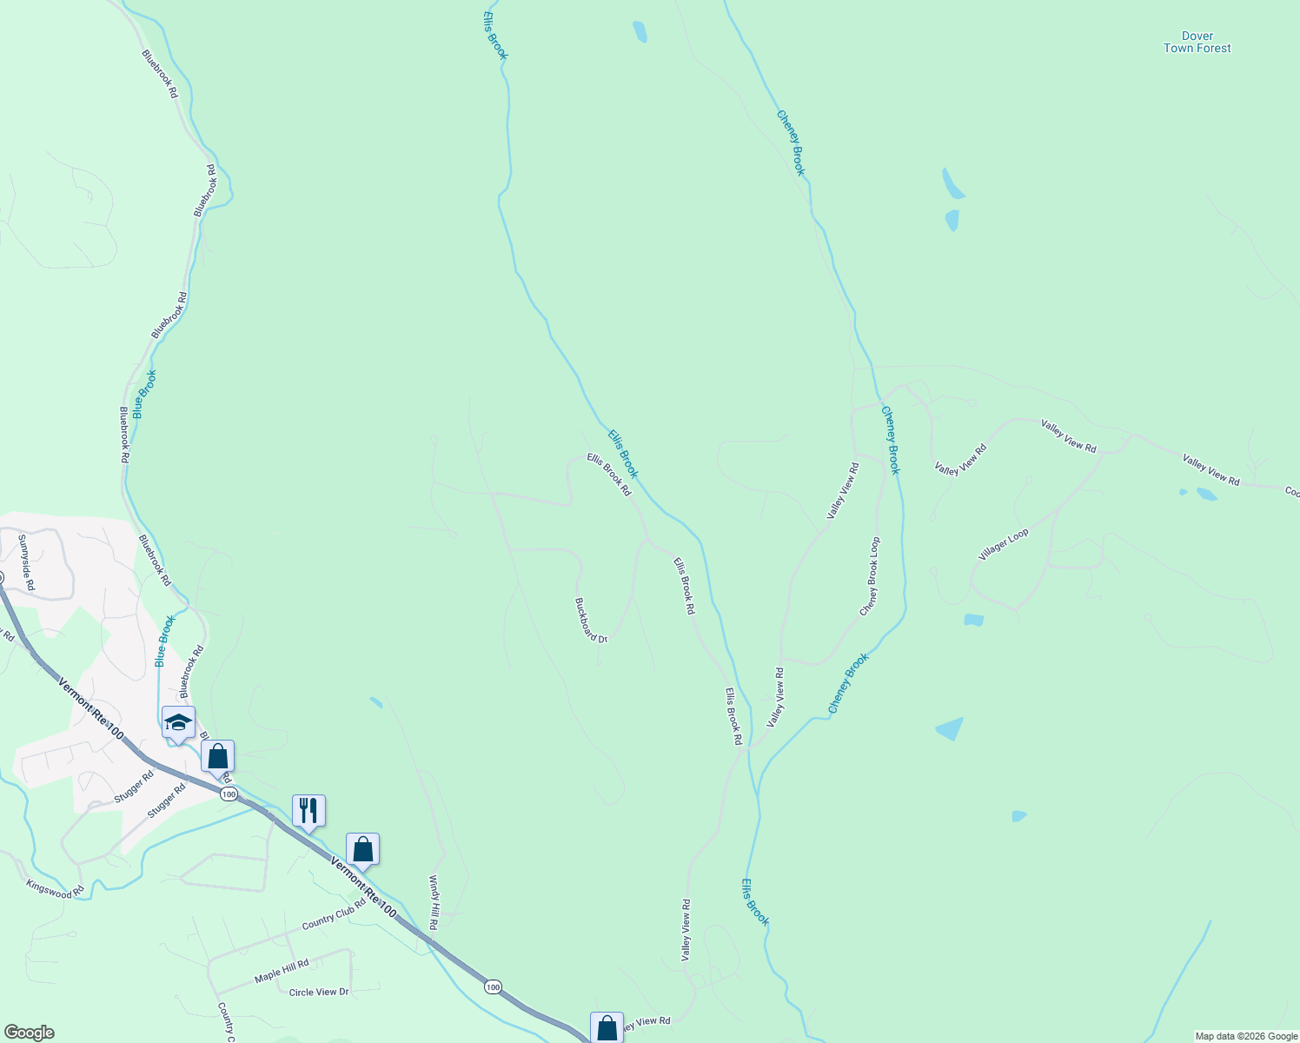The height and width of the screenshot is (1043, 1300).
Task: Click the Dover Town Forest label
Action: click(1197, 43)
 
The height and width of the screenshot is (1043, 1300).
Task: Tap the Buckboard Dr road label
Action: click(591, 620)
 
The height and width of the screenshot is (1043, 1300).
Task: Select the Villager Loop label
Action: click(1004, 544)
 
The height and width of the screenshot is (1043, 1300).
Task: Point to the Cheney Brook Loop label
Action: click(870, 576)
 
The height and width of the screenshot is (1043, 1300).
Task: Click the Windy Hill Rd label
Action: click(434, 902)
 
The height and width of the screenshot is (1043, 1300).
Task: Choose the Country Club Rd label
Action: click(334, 913)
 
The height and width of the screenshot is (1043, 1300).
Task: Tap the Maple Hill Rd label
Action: click(282, 971)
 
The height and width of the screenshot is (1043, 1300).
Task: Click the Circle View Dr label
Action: click(319, 992)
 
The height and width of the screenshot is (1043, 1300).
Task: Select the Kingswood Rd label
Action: click(55, 888)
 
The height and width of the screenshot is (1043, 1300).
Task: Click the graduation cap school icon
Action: click(178, 723)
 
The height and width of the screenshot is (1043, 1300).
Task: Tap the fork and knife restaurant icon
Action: click(308, 811)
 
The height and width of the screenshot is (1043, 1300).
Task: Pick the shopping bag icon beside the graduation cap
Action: click(218, 757)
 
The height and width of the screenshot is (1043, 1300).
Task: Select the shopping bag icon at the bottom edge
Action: click(607, 1028)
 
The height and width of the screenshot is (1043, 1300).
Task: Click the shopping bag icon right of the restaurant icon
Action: click(362, 849)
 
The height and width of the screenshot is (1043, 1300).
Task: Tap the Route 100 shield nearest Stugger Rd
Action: click(229, 794)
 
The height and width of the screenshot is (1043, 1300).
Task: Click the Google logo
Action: click(29, 1033)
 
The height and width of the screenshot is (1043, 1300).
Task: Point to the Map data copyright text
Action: click(1244, 1036)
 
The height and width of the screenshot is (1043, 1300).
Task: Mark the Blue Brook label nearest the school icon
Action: click(165, 641)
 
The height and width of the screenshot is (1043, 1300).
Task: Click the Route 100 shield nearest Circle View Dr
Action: click(493, 987)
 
